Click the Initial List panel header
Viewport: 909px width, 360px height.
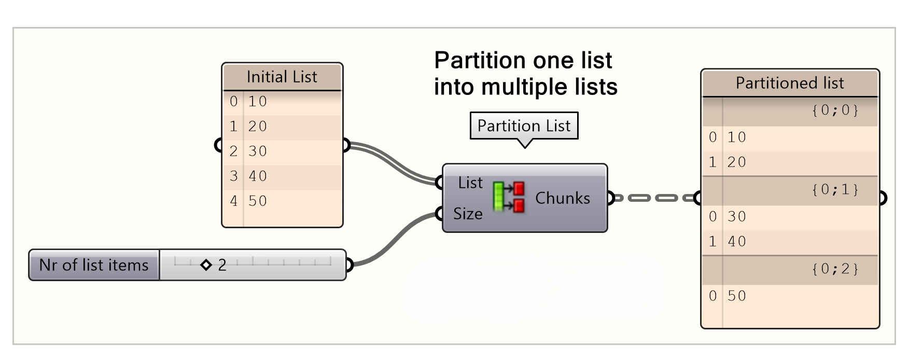click(282, 77)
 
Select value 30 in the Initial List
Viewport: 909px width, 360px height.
click(258, 151)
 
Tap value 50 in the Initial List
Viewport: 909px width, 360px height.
click(258, 201)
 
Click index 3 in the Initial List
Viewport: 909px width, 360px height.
click(233, 176)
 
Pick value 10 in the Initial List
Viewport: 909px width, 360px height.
click(258, 101)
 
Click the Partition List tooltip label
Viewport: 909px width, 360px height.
click(524, 126)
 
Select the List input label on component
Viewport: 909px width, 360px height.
click(470, 183)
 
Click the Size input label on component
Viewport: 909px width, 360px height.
click(468, 214)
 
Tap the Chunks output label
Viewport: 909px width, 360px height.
click(562, 198)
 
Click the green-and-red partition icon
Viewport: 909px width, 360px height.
click(509, 197)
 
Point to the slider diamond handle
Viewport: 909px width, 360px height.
click(206, 265)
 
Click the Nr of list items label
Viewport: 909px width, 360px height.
click(94, 265)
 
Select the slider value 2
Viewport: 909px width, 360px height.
click(222, 265)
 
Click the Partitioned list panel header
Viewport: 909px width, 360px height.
click(789, 83)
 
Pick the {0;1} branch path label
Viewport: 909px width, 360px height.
click(835, 190)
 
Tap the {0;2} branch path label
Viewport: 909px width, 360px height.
click(835, 269)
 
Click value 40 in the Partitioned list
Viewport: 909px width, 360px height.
click(737, 241)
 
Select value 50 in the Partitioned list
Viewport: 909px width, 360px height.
click(737, 296)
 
